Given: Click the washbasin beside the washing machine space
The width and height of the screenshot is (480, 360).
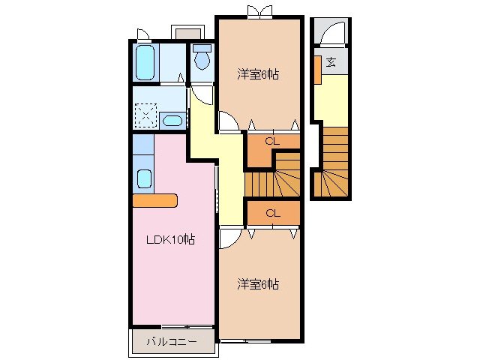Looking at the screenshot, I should click(173, 121).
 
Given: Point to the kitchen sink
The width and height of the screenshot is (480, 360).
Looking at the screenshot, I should click(144, 179).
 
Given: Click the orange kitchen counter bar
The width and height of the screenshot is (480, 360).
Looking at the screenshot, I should click(154, 200).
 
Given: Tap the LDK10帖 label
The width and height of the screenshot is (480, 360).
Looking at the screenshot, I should click(171, 240).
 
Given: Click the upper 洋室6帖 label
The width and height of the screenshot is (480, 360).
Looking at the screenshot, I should click(259, 74).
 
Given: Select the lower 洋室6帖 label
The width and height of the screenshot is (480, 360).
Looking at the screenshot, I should click(259, 284).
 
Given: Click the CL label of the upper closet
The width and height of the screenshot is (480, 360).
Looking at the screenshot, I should click(273, 140).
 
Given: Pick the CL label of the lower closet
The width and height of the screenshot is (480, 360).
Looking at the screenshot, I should click(273, 213).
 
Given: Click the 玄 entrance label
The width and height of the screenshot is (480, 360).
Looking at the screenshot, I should click(330, 61).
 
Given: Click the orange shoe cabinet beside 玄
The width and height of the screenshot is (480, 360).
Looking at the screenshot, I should click(318, 70).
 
